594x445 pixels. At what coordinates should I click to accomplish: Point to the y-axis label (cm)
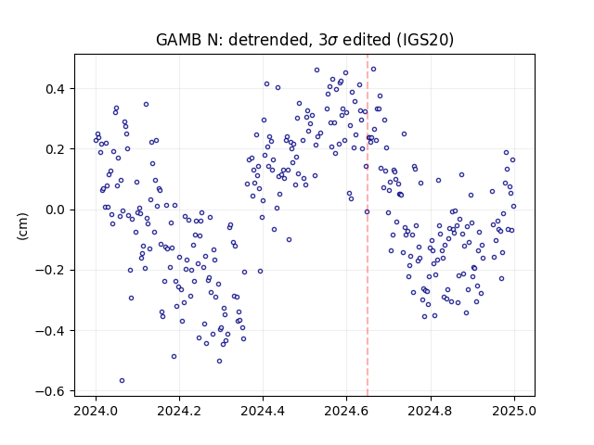22,226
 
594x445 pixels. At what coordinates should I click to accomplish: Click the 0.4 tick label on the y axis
55,89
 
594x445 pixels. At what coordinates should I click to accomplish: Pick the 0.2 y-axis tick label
55,149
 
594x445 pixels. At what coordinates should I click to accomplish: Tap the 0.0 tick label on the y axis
55,210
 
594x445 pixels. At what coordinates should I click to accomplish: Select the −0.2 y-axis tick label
50,271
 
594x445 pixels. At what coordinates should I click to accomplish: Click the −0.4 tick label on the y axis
50,331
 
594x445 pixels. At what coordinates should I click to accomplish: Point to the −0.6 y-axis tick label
50,391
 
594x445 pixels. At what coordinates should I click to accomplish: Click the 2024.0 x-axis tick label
96,411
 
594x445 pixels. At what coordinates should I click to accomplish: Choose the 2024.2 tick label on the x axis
179,411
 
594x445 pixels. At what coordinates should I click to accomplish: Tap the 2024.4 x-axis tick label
263,411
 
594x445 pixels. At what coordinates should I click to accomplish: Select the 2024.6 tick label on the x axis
346,411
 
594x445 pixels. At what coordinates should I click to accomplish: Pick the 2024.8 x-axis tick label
430,411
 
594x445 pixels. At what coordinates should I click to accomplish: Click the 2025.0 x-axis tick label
514,411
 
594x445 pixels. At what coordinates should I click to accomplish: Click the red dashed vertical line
368,225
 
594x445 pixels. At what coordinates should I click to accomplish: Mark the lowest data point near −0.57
122,381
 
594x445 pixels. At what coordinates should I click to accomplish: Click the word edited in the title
367,40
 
